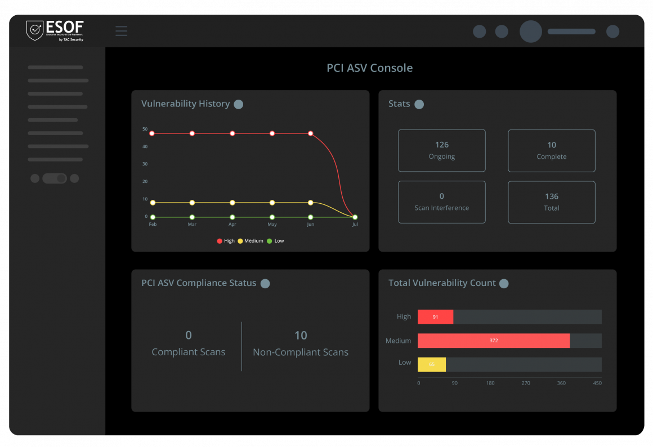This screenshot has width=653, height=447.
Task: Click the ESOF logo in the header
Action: pyautogui.click(x=55, y=30)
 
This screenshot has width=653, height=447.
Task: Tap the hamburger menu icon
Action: pyautogui.click(x=121, y=31)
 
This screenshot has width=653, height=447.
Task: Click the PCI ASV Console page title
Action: pyautogui.click(x=369, y=68)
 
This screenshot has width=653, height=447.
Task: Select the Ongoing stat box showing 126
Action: pyautogui.click(x=441, y=150)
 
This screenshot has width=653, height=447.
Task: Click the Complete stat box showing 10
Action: pyautogui.click(x=551, y=150)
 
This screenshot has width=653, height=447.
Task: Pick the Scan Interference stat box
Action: pyautogui.click(x=441, y=202)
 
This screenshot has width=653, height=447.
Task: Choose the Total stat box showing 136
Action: pyautogui.click(x=551, y=202)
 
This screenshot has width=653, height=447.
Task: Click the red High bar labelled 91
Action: pyautogui.click(x=435, y=317)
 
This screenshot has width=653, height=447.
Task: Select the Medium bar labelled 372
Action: pyautogui.click(x=493, y=341)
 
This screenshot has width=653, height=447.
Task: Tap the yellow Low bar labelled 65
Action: pyautogui.click(x=431, y=364)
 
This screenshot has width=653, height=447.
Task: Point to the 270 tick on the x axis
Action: pyautogui.click(x=526, y=383)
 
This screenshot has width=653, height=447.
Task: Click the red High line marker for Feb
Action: pyautogui.click(x=152, y=133)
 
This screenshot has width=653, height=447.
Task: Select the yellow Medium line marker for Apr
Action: pyautogui.click(x=232, y=203)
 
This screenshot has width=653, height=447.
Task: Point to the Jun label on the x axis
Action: pyautogui.click(x=310, y=225)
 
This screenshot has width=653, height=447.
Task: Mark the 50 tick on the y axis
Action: pyautogui.click(x=145, y=129)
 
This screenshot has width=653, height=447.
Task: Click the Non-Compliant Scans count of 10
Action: pyautogui.click(x=301, y=336)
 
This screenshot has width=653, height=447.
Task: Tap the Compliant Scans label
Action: pyautogui.click(x=188, y=352)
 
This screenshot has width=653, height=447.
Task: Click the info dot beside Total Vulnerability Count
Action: pyautogui.click(x=504, y=284)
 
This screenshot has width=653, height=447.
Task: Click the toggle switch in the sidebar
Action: pyautogui.click(x=55, y=178)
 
